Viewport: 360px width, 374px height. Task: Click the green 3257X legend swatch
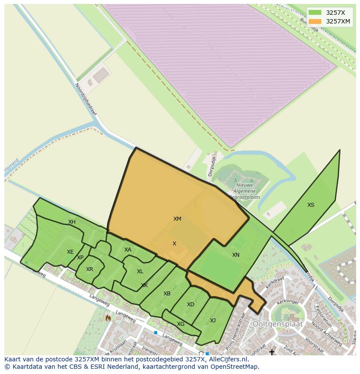click(x=315, y=13)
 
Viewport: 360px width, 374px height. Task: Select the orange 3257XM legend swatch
click(x=315, y=21)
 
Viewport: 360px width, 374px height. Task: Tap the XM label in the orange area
click(x=177, y=219)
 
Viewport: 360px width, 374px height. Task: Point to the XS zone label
click(x=311, y=205)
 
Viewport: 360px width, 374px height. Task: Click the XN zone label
click(x=236, y=255)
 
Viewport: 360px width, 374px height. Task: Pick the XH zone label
click(x=72, y=222)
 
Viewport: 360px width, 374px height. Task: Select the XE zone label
click(x=70, y=252)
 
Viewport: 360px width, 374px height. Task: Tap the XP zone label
click(x=80, y=258)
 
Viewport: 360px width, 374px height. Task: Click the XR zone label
click(x=90, y=269)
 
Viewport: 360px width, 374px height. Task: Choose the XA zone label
click(x=128, y=250)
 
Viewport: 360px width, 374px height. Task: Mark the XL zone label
click(x=140, y=271)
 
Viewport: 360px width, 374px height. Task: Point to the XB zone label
click(x=167, y=294)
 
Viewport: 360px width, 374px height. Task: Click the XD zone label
click(x=190, y=304)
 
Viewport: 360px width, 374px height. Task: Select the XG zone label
click(x=181, y=324)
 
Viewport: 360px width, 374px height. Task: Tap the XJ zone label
click(x=213, y=321)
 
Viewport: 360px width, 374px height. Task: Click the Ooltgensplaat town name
click(x=278, y=324)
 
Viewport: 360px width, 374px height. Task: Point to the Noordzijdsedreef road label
click(x=86, y=99)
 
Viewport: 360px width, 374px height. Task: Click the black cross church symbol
click(x=272, y=352)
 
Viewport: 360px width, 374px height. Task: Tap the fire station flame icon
click(x=108, y=318)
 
